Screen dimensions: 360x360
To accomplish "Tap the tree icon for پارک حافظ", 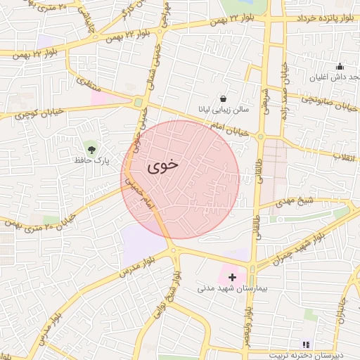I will (x=91, y=148).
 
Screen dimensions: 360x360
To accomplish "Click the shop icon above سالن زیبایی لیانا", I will (x=224, y=98).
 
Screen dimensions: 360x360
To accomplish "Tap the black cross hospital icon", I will (x=233, y=277).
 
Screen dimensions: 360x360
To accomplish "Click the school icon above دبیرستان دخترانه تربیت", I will (x=305, y=345).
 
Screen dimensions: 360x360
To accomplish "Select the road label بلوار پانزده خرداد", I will (x=326, y=17).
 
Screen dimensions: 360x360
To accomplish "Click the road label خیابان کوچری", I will (x=29, y=113).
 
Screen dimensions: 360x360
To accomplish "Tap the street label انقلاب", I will (x=345, y=155).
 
